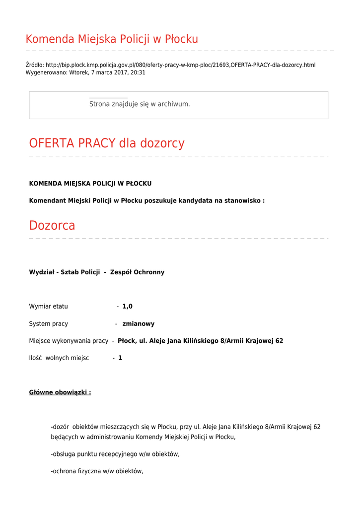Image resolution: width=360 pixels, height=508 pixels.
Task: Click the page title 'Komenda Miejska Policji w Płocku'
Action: [x=112, y=39]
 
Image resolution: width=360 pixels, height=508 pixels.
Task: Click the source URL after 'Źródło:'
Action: [x=180, y=65]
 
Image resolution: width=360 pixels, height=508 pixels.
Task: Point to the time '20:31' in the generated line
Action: [x=138, y=72]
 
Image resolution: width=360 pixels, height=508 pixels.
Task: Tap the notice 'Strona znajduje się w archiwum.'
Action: [x=140, y=104]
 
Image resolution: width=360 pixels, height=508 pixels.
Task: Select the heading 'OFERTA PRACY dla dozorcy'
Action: [x=107, y=143]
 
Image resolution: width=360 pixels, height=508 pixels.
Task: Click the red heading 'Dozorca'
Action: [x=52, y=226]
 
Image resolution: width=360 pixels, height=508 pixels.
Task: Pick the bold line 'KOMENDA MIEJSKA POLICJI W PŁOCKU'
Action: [x=90, y=184]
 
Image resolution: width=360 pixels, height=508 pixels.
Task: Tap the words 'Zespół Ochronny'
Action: [x=137, y=272]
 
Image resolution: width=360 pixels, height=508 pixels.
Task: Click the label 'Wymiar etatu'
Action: [x=49, y=307]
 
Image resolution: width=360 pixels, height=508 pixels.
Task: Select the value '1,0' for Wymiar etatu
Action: [x=127, y=307]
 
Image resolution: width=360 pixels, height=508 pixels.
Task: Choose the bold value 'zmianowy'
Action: [x=138, y=324]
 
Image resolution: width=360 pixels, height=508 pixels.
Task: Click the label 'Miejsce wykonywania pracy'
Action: [x=69, y=341]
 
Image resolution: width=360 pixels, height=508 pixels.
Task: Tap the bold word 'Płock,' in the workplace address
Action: [x=128, y=341]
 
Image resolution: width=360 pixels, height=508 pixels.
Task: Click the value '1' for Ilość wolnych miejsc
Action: [x=120, y=358]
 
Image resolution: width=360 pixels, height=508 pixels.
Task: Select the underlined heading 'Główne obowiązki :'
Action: [x=60, y=392]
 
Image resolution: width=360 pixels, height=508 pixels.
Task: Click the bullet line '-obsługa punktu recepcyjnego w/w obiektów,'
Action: [x=115, y=454]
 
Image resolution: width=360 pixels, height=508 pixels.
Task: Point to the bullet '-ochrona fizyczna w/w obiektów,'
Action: [x=97, y=471]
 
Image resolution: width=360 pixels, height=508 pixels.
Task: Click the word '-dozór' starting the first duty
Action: [x=60, y=427]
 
